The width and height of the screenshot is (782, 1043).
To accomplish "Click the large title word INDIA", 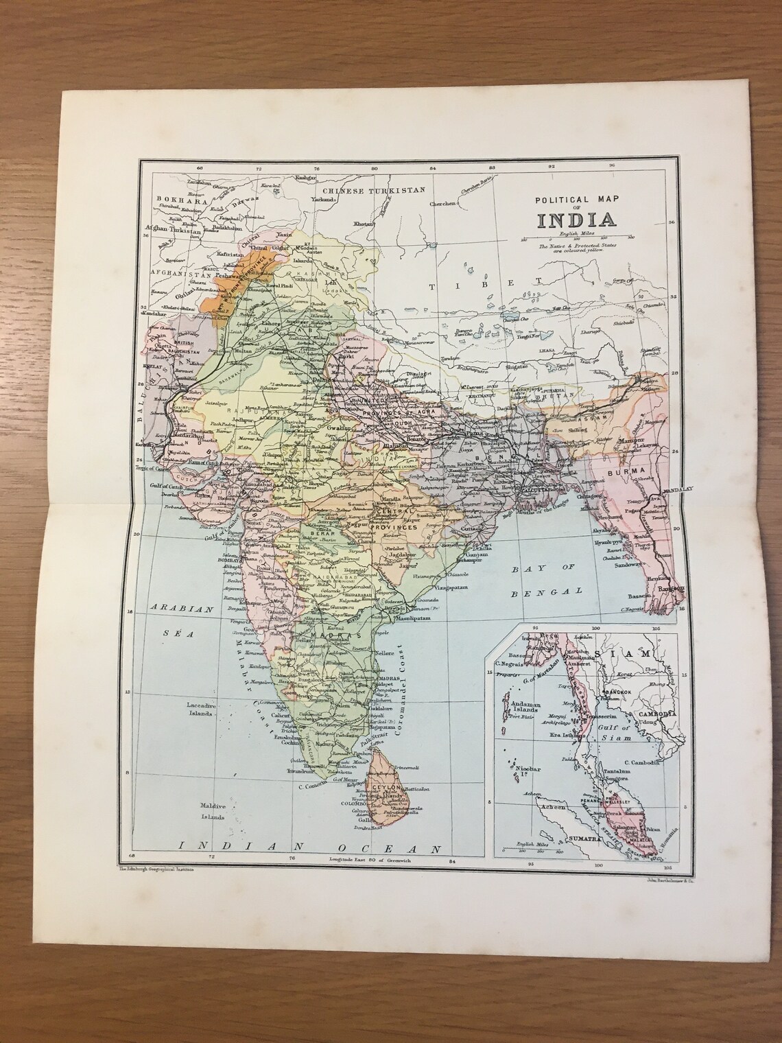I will [576, 220].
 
